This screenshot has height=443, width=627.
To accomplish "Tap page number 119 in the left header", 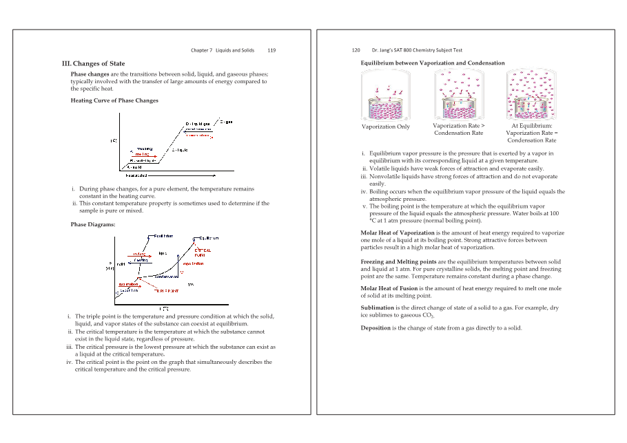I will pos(271,50).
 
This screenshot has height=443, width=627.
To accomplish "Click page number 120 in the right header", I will pos(356,50).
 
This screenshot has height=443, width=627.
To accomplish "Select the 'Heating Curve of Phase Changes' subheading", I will pos(114,100).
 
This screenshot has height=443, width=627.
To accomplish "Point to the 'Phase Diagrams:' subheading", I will pos(93,224).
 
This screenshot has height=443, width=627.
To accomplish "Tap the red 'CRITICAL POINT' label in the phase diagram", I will pos(204,252).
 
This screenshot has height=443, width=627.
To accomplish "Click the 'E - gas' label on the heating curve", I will pos(225,122).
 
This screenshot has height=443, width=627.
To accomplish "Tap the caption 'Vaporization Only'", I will pos(385,127).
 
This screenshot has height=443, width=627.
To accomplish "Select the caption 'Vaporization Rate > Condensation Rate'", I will pos(458,129).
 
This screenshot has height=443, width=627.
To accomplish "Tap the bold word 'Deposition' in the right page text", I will pos(376,328).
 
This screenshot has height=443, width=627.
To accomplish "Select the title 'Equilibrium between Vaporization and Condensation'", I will pos(432,63).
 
